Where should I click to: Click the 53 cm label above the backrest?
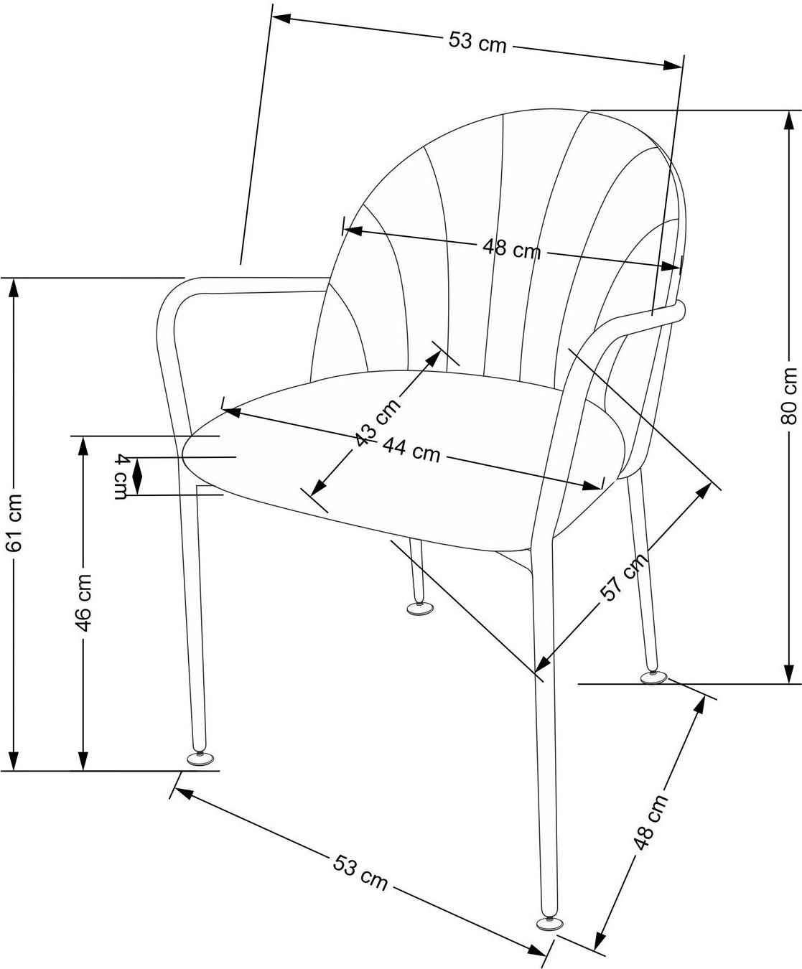click(x=477, y=42)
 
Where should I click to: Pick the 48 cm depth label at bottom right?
click(x=651, y=821)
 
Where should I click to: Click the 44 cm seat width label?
click(x=411, y=451)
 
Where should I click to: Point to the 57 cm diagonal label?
click(x=624, y=577)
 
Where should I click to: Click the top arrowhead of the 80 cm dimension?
click(x=788, y=121)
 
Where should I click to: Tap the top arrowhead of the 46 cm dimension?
click(x=83, y=447)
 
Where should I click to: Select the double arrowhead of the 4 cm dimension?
click(x=137, y=476)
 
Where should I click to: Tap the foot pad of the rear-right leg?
click(x=653, y=678)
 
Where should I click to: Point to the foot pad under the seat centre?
click(x=420, y=608)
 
